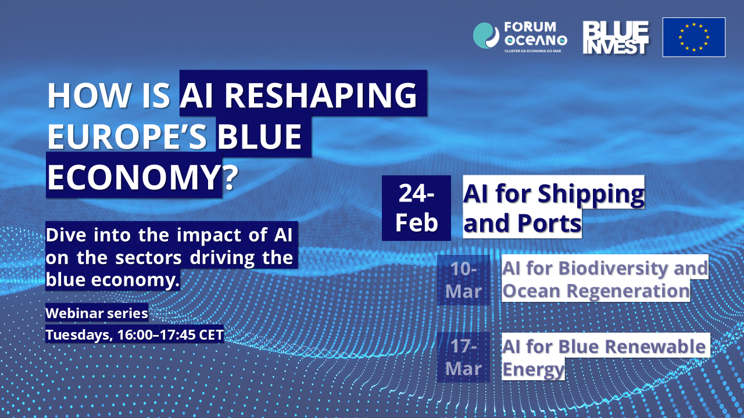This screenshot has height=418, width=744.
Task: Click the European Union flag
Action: (694, 37)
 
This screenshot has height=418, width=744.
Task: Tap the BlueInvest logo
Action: (616, 38)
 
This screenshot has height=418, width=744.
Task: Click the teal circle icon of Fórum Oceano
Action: (486, 35)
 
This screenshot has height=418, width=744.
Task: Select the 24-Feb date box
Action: (416, 208)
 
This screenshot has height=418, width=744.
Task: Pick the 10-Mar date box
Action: (463, 280)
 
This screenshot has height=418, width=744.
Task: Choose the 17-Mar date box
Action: (463, 357)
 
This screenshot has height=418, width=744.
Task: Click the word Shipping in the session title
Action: (591, 194)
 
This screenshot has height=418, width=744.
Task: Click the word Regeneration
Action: (628, 291)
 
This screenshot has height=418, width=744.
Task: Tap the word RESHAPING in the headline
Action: (321, 95)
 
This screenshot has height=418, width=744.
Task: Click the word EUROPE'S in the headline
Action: (127, 136)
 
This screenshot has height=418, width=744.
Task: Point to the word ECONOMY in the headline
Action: (133, 177)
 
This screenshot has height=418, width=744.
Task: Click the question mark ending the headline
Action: (231, 177)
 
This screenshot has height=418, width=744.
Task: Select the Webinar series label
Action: (96, 313)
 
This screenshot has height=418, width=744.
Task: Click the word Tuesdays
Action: (79, 335)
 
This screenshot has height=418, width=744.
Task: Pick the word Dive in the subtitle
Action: (66, 235)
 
